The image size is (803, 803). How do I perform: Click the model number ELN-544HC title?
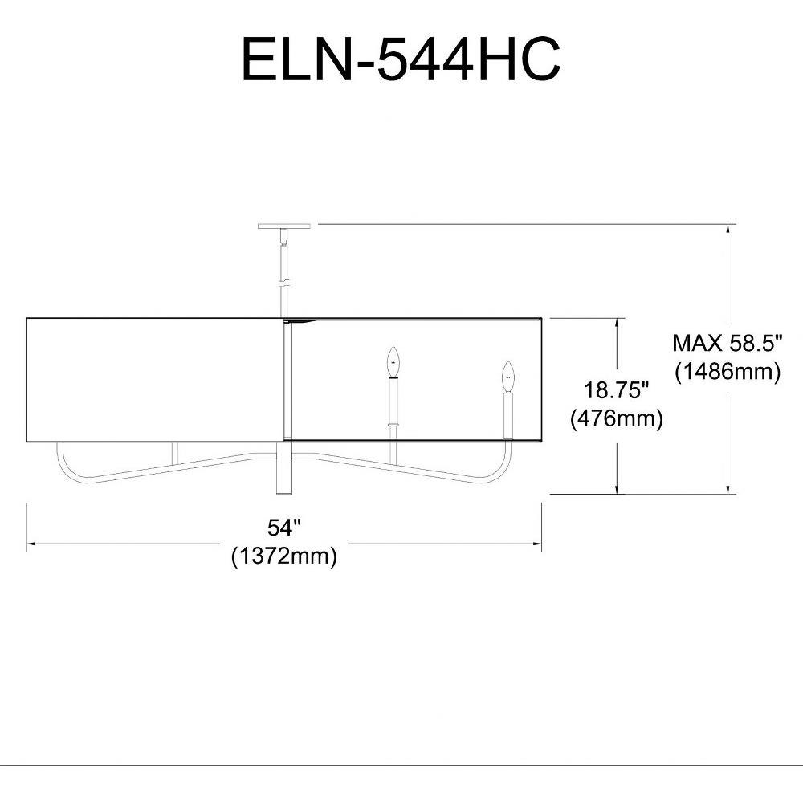tap(401, 60)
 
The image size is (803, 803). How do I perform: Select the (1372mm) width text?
tap(284, 556)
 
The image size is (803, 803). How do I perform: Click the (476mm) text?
tap(617, 418)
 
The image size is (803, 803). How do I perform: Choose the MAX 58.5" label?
tap(728, 343)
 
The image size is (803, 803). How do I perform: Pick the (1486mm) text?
tap(728, 371)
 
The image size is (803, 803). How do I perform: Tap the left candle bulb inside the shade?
tap(393, 361)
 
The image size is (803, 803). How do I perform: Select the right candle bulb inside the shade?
tap(508, 377)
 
